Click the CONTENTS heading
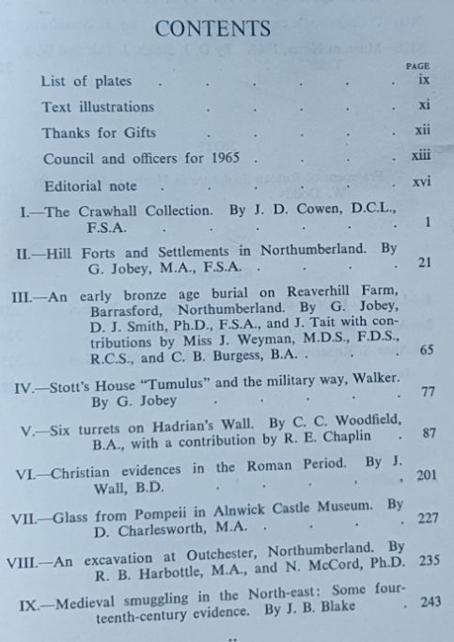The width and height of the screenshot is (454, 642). (212, 29)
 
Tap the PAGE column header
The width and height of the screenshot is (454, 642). (416, 67)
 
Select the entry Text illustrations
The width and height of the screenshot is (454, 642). (98, 107)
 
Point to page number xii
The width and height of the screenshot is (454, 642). (422, 133)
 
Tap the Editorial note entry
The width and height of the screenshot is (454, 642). (89, 185)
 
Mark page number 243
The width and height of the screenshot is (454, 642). (428, 603)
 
